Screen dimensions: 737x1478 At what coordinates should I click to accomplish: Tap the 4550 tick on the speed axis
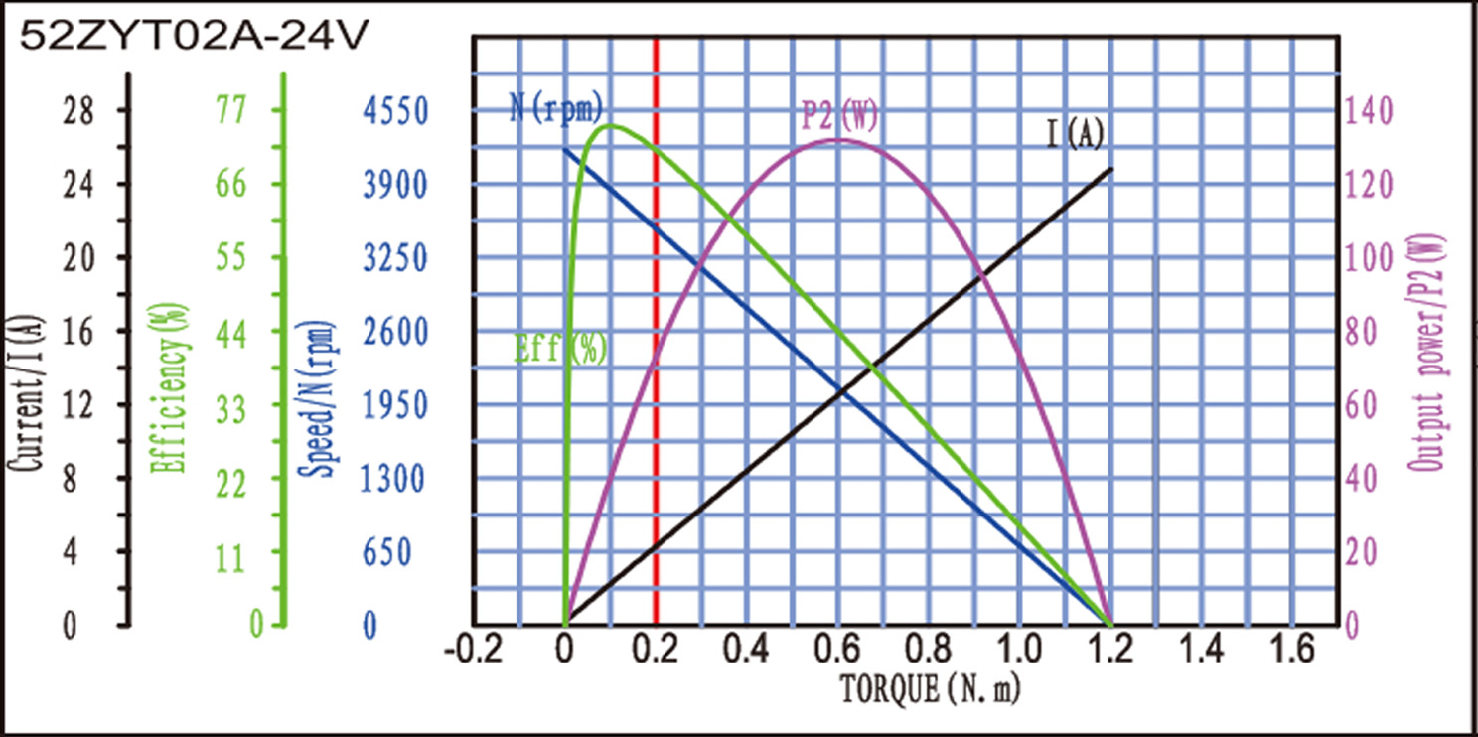(x=393, y=110)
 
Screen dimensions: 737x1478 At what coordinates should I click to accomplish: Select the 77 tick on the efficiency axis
(x=230, y=110)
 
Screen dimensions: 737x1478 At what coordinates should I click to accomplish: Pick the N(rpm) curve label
(x=556, y=107)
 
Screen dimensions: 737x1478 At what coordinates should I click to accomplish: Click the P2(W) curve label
(x=839, y=116)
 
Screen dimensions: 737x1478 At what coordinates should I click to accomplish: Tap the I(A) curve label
(x=1075, y=134)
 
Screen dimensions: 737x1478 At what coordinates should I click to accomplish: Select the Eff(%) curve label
(x=561, y=349)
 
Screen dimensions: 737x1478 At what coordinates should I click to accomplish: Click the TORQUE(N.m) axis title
(x=931, y=687)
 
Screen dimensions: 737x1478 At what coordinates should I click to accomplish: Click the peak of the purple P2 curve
(x=836, y=139)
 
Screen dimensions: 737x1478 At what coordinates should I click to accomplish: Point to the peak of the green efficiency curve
(x=610, y=125)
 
